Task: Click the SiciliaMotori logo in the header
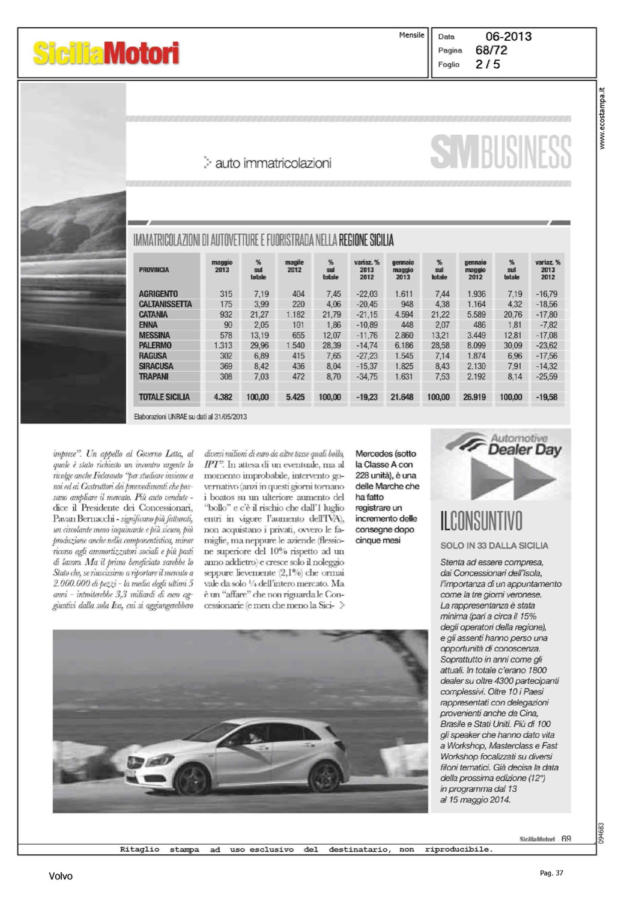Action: [x=106, y=53]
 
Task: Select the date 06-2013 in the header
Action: [x=508, y=37]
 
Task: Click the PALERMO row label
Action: [x=155, y=345]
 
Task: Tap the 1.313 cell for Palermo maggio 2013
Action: [x=223, y=345]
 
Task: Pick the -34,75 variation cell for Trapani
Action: [x=366, y=377]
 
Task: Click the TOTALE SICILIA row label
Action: [x=164, y=397]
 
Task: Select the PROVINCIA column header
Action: [x=154, y=270]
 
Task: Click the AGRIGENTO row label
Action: [x=158, y=294]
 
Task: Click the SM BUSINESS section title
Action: [x=500, y=152]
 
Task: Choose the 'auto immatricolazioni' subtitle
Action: [x=273, y=163]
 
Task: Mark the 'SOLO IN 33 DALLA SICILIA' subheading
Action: [x=494, y=545]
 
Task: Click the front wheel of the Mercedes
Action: [x=192, y=780]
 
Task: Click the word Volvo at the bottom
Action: [x=61, y=876]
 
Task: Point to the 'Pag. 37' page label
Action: [x=551, y=873]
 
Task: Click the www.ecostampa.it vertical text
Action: [x=603, y=118]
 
